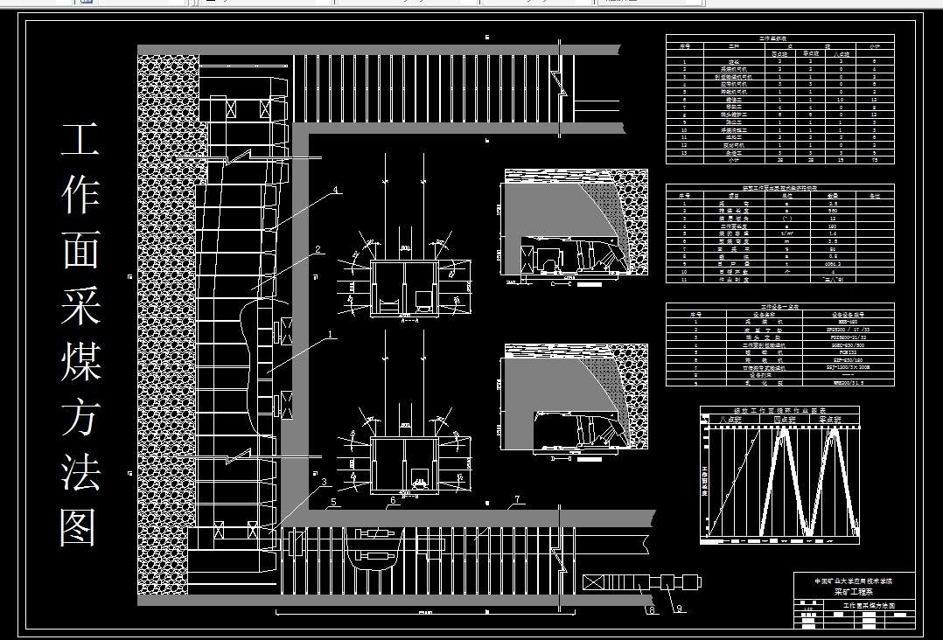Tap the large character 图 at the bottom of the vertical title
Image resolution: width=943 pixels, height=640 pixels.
pos(80,527)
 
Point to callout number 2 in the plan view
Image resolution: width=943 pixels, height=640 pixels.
pos(319,250)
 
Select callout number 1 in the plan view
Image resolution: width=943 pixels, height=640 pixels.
pos(331,333)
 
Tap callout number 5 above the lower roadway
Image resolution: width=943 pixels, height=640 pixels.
pos(334,503)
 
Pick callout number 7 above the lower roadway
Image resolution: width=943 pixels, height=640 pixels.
pos(516,500)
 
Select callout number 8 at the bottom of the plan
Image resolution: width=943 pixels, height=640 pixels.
pos(650,609)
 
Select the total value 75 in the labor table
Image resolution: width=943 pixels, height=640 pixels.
pos(873,161)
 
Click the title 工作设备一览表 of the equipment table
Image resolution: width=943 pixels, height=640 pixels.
pos(779,307)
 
